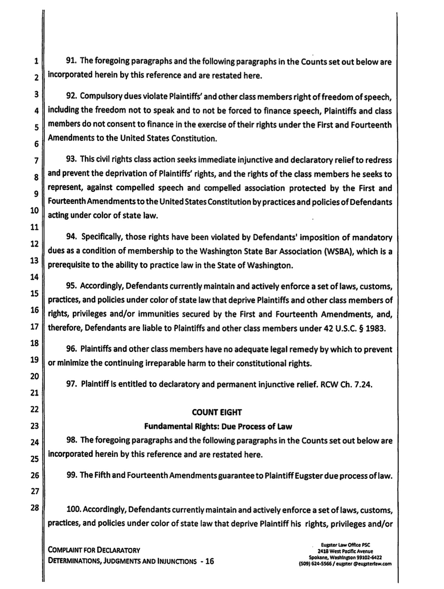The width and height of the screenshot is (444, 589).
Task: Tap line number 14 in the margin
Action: (x=34, y=277)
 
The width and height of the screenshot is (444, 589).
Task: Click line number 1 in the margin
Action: (x=35, y=61)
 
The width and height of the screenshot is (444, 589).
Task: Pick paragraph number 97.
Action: (x=72, y=385)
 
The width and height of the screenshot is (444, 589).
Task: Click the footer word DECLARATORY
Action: (x=117, y=550)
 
